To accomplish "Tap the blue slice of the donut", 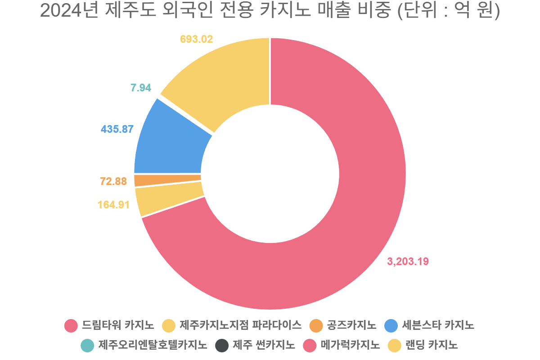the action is click(x=169, y=145).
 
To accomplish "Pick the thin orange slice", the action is click(x=167, y=180).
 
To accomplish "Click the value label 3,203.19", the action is click(x=408, y=261).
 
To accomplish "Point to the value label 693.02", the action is click(x=197, y=39).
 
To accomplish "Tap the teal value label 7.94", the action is click(x=141, y=88).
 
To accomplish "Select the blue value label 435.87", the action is click(x=117, y=129).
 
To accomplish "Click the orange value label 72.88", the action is click(x=113, y=181).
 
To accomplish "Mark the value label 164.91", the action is click(x=113, y=205).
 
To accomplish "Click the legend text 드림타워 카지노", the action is click(x=118, y=325).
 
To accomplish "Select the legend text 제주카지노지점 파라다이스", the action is click(x=241, y=325).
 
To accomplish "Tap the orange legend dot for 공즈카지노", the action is click(x=316, y=326).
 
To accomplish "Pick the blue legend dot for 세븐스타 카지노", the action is click(x=391, y=326).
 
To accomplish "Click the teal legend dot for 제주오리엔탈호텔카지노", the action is click(x=87, y=346).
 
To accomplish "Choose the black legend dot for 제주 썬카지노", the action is click(x=222, y=346).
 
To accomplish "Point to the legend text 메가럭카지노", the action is click(x=350, y=345).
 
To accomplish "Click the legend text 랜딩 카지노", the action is click(x=432, y=345).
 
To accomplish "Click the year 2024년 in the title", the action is click(x=69, y=11).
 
